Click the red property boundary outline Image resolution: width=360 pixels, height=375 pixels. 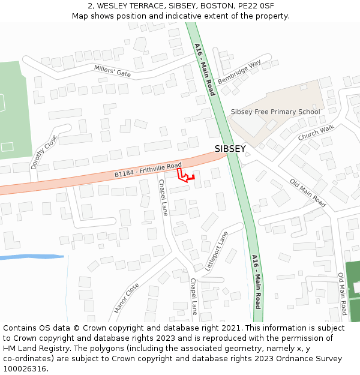point(185,176)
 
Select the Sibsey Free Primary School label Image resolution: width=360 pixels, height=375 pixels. point(275,112)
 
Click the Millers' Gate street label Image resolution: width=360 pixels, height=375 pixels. point(112,70)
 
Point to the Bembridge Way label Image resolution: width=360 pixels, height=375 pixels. point(239,72)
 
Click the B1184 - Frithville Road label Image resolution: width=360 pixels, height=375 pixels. point(148,170)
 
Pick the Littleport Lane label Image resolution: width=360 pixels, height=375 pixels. point(217,251)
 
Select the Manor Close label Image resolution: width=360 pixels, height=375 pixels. point(127,298)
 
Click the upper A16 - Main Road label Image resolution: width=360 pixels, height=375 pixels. point(205,69)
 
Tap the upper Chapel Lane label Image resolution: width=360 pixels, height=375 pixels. point(163,199)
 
